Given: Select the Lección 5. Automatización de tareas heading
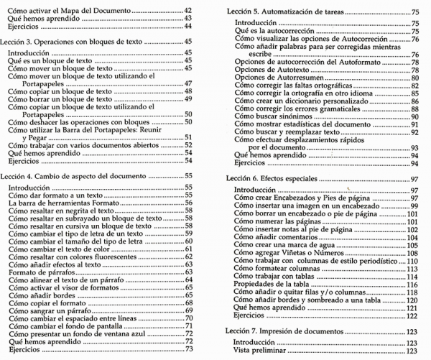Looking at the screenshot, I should (295, 13).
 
